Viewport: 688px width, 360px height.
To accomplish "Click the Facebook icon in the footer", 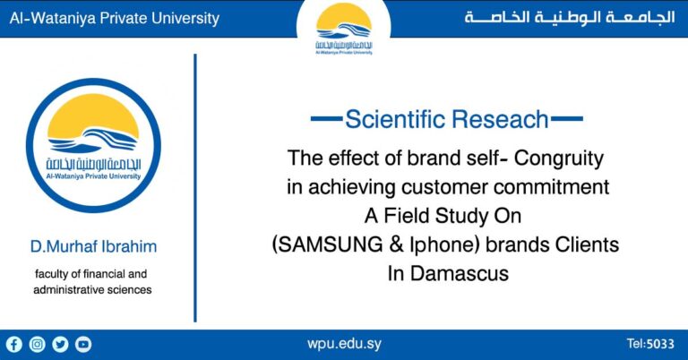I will pos(14,344).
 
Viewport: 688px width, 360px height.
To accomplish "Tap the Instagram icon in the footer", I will pos(38,344).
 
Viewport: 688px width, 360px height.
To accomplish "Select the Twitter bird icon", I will pos(60,344).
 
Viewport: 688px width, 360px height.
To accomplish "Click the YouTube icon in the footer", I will pos(83,344).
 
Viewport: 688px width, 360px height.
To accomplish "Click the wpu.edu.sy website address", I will pos(343,344).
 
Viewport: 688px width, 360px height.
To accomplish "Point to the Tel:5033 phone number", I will pos(650,344).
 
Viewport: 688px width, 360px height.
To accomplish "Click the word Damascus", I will pos(457,273).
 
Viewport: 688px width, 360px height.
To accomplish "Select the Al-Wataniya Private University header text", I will pos(115,19).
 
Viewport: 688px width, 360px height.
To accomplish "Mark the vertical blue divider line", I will pos(195,188).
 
